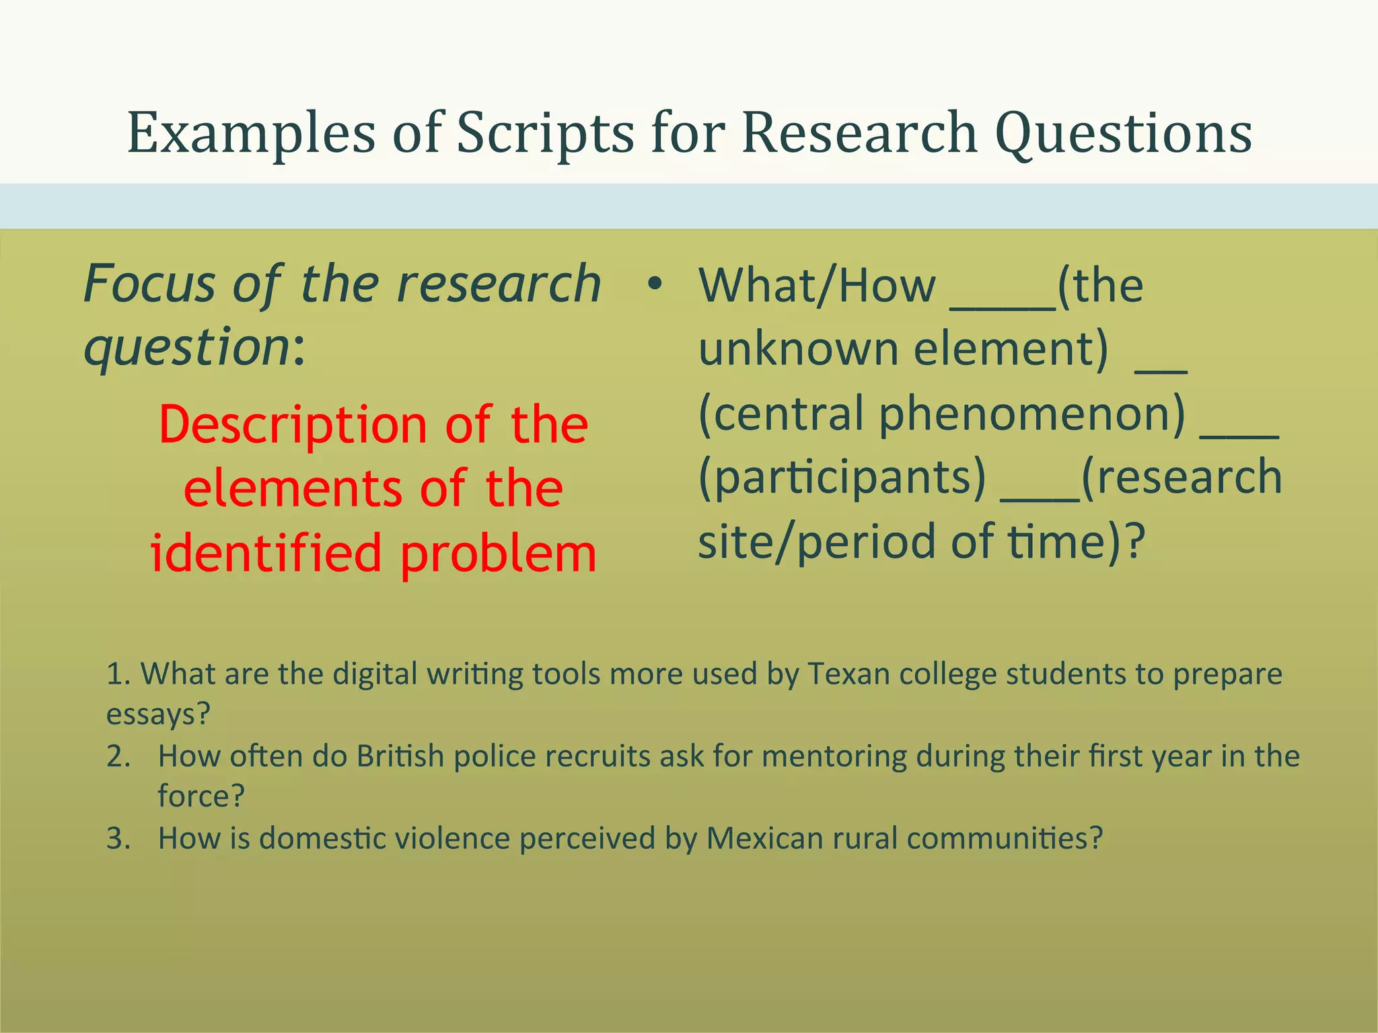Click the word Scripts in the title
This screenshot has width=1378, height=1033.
tap(545, 133)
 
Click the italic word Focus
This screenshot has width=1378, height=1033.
tap(149, 284)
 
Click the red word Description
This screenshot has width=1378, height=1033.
tap(293, 426)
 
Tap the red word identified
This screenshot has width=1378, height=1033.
tap(266, 553)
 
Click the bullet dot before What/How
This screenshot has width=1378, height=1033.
tap(654, 284)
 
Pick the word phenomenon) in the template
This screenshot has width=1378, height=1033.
tap(1032, 414)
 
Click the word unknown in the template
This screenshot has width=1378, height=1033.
tap(798, 350)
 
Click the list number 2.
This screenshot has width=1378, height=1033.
tap(118, 757)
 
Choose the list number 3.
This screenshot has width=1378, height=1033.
tap(118, 839)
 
